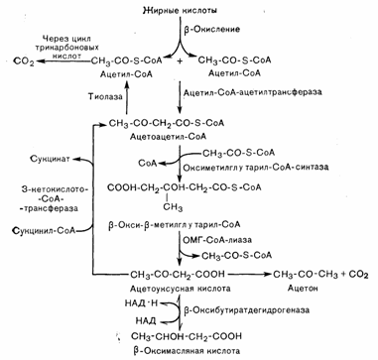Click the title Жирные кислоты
(x=180, y=10)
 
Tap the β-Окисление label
(x=211, y=29)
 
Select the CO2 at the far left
(x=24, y=61)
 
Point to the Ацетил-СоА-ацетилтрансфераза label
(x=252, y=92)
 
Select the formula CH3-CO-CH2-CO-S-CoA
(x=167, y=124)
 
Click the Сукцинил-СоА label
(x=44, y=230)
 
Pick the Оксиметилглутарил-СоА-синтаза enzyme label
(x=256, y=168)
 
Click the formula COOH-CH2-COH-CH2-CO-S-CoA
(x=185, y=187)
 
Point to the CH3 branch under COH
(x=174, y=208)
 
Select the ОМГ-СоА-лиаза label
(x=216, y=240)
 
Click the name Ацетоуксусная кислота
(x=181, y=289)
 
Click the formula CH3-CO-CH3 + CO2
(x=319, y=275)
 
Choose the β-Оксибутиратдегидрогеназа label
(x=246, y=310)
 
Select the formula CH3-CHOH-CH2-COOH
(x=187, y=336)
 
